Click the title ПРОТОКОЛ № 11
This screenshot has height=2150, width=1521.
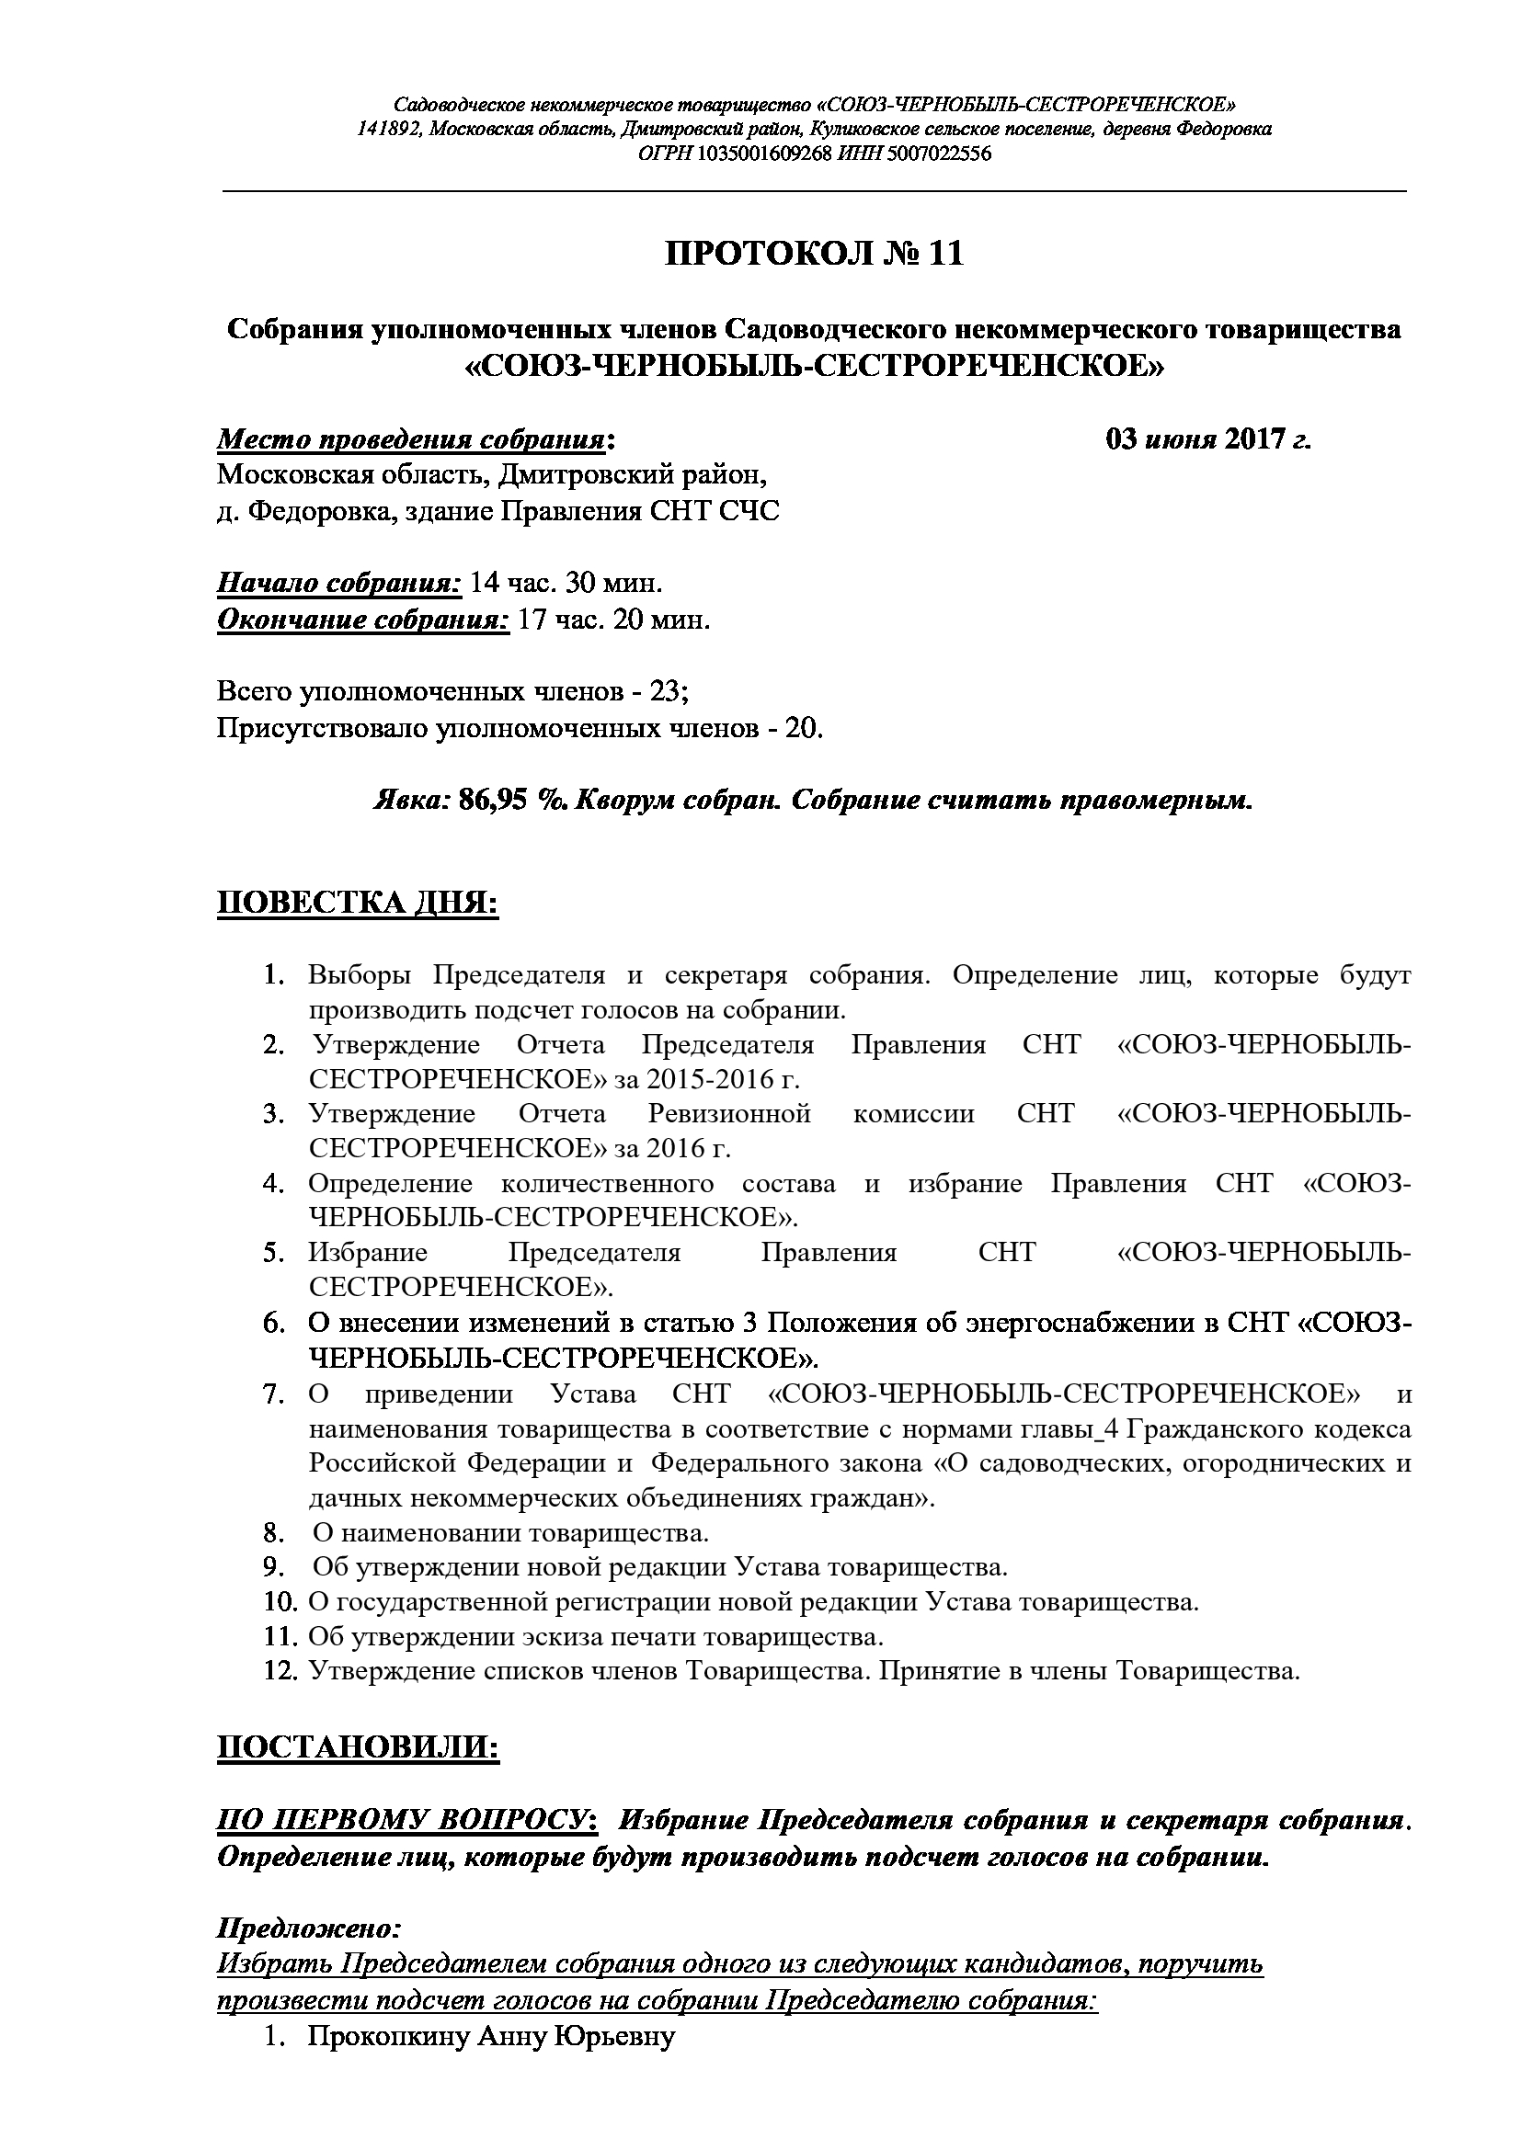pos(814,254)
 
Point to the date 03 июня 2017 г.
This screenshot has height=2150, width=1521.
pos(1208,439)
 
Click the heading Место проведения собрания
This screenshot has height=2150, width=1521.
pos(411,440)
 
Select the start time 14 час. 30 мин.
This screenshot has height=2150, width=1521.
pos(566,584)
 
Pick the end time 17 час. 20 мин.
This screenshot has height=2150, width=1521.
pos(613,620)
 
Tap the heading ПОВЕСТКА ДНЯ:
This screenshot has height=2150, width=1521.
pos(358,904)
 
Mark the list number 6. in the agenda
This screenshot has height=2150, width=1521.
pos(273,1323)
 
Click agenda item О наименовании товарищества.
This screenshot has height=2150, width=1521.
pos(510,1534)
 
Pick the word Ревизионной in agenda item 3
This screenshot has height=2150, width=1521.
pos(727,1114)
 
